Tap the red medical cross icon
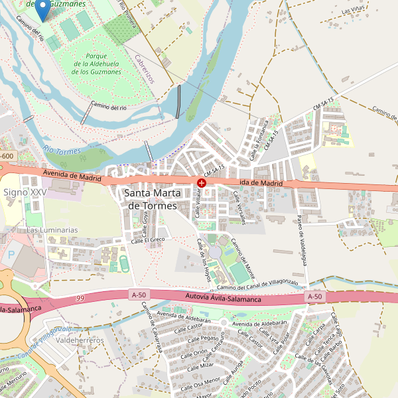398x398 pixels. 202,182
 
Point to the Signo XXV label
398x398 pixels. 25,192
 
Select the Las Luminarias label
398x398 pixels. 52,230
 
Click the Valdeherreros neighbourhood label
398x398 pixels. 81,340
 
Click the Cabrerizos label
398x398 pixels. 144,69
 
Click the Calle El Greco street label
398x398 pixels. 147,240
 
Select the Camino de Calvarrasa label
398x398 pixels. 152,331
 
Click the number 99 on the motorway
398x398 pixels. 81,299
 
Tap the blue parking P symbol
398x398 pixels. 10,254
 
